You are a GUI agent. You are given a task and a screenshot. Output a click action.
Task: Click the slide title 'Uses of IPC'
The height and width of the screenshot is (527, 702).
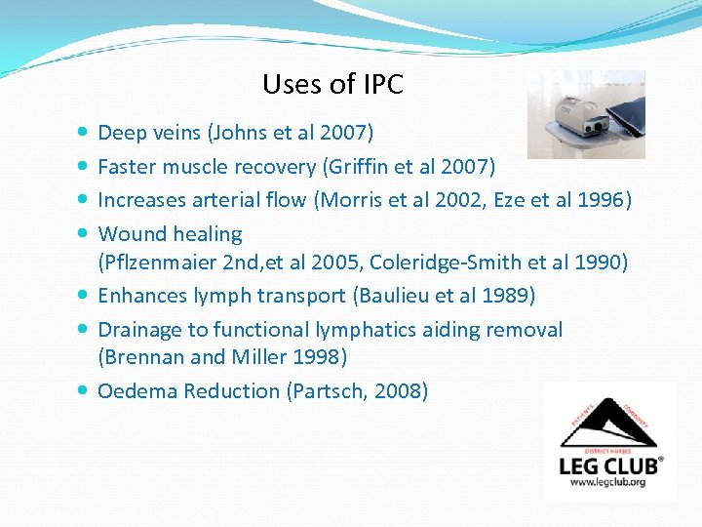(x=332, y=85)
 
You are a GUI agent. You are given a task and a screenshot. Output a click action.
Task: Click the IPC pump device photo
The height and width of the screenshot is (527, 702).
(x=585, y=114)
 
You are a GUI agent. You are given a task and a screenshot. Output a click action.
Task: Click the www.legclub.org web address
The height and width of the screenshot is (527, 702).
(x=609, y=482)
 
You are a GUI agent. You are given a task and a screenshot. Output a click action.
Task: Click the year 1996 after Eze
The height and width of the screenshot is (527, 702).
(x=606, y=200)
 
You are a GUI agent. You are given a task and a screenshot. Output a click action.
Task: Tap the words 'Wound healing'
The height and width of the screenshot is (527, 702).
(x=171, y=234)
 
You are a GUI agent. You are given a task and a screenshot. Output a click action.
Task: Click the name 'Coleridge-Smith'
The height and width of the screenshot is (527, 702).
(x=462, y=262)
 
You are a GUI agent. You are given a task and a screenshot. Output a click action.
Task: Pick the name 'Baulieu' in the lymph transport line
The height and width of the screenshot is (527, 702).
(x=390, y=295)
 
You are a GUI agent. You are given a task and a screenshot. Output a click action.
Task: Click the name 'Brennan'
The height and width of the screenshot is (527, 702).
(x=146, y=357)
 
